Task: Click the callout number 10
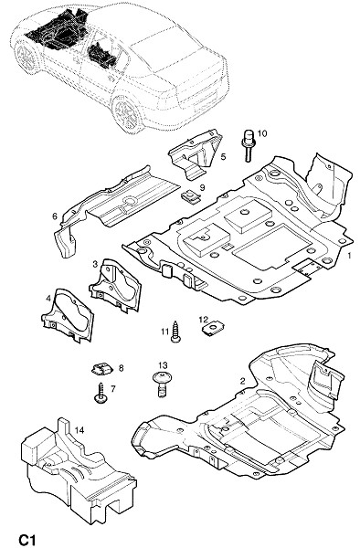(x=262, y=133)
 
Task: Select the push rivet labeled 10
(x=248, y=145)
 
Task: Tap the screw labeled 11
(x=175, y=332)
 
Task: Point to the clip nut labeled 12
(x=211, y=329)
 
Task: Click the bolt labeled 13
(x=162, y=384)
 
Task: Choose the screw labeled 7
(x=101, y=393)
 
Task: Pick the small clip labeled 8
(x=101, y=368)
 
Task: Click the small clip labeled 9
(x=191, y=195)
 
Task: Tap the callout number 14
(x=79, y=430)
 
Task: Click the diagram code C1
(x=26, y=539)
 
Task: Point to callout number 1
(x=349, y=256)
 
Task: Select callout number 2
(x=242, y=381)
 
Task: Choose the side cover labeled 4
(x=69, y=314)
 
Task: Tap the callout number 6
(x=55, y=216)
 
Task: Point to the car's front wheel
(x=26, y=57)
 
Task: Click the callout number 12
(x=204, y=320)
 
